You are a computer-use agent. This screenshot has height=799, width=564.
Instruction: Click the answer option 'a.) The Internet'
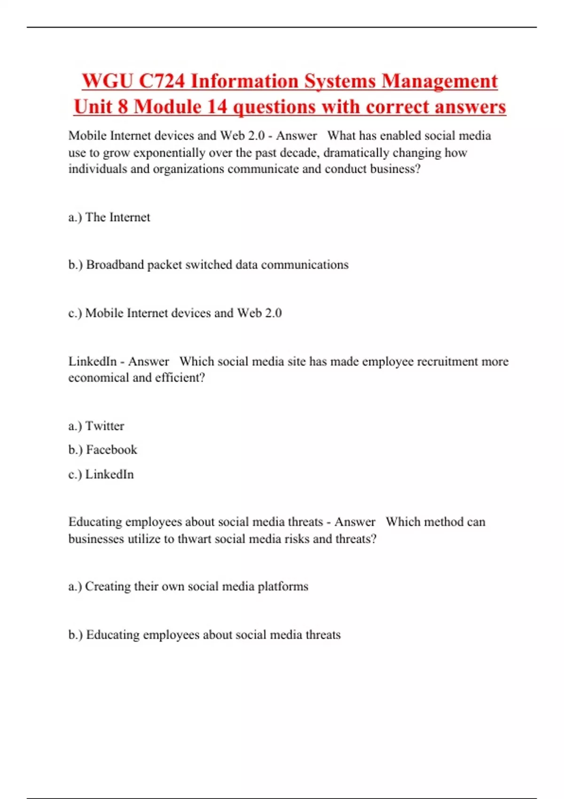point(109,217)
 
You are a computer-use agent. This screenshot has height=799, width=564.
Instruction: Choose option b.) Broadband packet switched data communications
point(208,265)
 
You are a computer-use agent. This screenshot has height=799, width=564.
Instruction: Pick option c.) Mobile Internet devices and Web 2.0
point(175,313)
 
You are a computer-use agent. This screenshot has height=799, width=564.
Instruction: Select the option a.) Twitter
point(96,426)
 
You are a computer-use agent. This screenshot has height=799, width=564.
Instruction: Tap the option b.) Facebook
point(102,450)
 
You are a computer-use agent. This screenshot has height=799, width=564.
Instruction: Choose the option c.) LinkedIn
point(101,474)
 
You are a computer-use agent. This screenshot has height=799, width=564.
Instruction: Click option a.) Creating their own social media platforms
point(188,587)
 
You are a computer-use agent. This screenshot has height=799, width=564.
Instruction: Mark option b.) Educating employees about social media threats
point(204,635)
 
